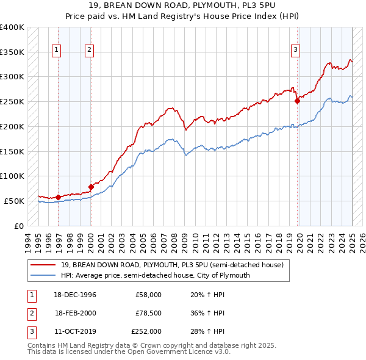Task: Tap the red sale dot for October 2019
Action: (298, 101)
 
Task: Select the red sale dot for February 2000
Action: (91, 187)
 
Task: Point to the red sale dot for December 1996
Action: (59, 197)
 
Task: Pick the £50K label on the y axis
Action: (14, 201)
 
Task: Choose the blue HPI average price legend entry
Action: (156, 275)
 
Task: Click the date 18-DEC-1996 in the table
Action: (74, 295)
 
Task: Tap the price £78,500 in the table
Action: (149, 313)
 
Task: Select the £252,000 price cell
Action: (146, 331)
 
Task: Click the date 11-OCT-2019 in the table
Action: (74, 331)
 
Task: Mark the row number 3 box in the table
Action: (30, 331)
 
